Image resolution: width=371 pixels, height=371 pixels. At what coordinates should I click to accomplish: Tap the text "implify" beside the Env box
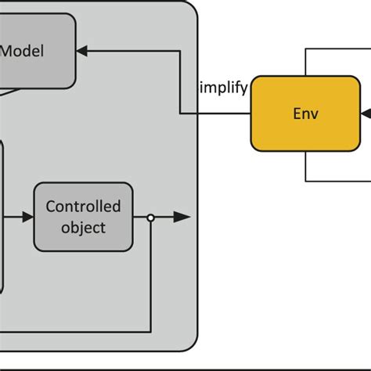pos(225,86)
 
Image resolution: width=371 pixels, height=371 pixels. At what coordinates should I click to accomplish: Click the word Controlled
pos(83,207)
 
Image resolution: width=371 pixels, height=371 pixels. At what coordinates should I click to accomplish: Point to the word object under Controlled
pos(83,228)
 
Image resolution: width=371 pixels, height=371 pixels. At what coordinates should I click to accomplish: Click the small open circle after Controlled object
pos(150,218)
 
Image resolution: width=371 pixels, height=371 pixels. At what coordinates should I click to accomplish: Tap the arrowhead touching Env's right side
pos(365,113)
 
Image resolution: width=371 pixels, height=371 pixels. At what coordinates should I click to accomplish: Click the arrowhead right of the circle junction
pos(182,218)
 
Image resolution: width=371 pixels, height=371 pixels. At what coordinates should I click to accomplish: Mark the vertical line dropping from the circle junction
pos(150,274)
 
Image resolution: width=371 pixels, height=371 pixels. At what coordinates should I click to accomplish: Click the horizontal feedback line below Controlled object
pos(78,327)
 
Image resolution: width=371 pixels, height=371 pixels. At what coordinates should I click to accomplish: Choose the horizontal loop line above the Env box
pos(337,49)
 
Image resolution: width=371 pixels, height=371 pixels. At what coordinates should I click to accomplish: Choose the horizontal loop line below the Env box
pos(337,180)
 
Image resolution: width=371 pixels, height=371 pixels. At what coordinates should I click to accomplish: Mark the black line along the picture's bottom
pos(185,368)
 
